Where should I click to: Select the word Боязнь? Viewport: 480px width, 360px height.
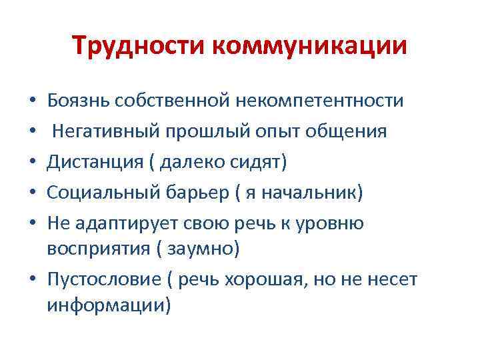pyautogui.click(x=78, y=101)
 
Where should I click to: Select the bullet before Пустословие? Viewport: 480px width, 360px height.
pyautogui.click(x=33, y=279)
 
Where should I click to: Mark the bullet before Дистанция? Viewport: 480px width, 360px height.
pyautogui.click(x=33, y=163)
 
